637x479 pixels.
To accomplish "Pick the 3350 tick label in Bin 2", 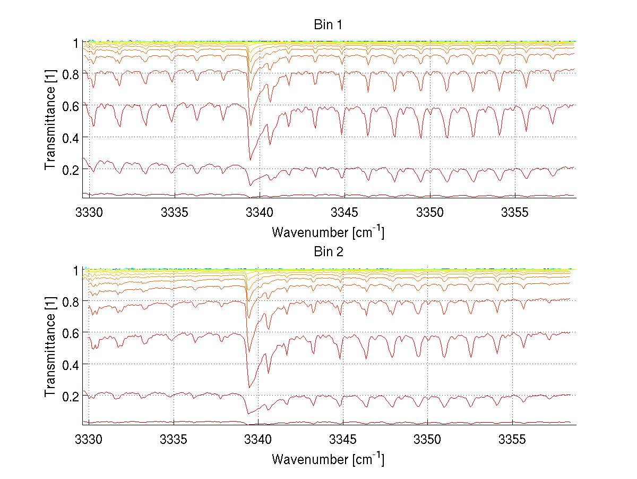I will [428, 440].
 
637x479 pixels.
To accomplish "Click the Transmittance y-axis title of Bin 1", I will [50, 120].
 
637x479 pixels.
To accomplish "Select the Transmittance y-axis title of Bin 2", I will [50, 347].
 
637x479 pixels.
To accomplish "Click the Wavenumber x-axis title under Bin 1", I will [328, 232].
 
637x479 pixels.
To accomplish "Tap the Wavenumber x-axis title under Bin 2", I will [328, 459].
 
